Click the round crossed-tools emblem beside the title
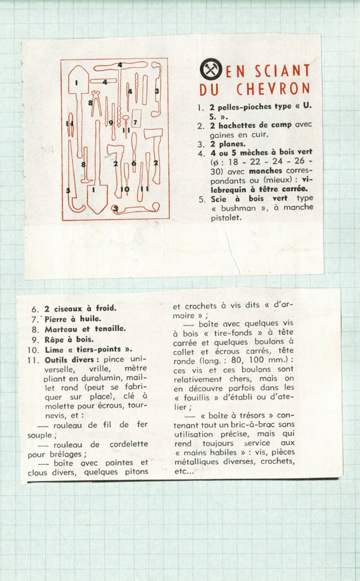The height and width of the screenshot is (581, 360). point(211,70)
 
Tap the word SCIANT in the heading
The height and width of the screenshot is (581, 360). point(282,71)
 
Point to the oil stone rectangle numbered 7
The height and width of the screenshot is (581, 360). point(136,121)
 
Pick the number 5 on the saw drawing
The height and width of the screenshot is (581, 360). point(68,190)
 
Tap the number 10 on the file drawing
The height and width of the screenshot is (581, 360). point(125,189)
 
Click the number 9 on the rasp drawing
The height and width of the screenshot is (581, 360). point(111,123)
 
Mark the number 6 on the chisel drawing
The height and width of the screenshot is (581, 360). point(133,163)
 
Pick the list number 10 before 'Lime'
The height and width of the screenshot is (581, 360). point(33,350)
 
